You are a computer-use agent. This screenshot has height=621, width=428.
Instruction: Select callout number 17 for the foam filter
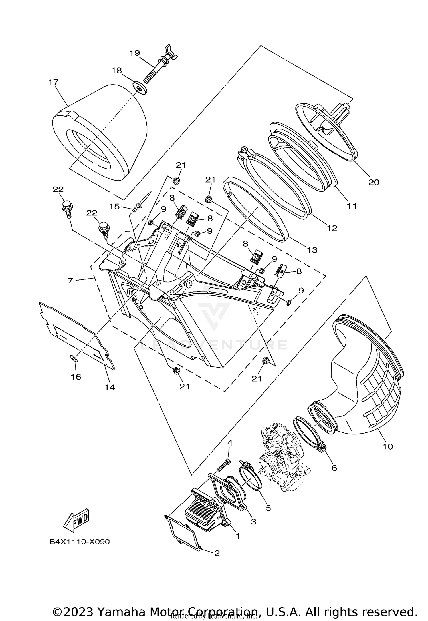[x=53, y=82]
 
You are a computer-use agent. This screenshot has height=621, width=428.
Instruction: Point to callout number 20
[x=374, y=182]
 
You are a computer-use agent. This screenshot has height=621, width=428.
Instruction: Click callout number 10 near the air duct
[x=387, y=446]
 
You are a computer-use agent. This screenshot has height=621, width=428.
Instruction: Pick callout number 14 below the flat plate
[x=110, y=387]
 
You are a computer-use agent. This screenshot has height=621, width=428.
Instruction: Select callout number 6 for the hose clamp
[x=334, y=468]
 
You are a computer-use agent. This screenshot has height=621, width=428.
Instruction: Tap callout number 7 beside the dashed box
[x=71, y=280]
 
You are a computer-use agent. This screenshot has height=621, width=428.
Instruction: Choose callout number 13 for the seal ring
[x=312, y=250]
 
